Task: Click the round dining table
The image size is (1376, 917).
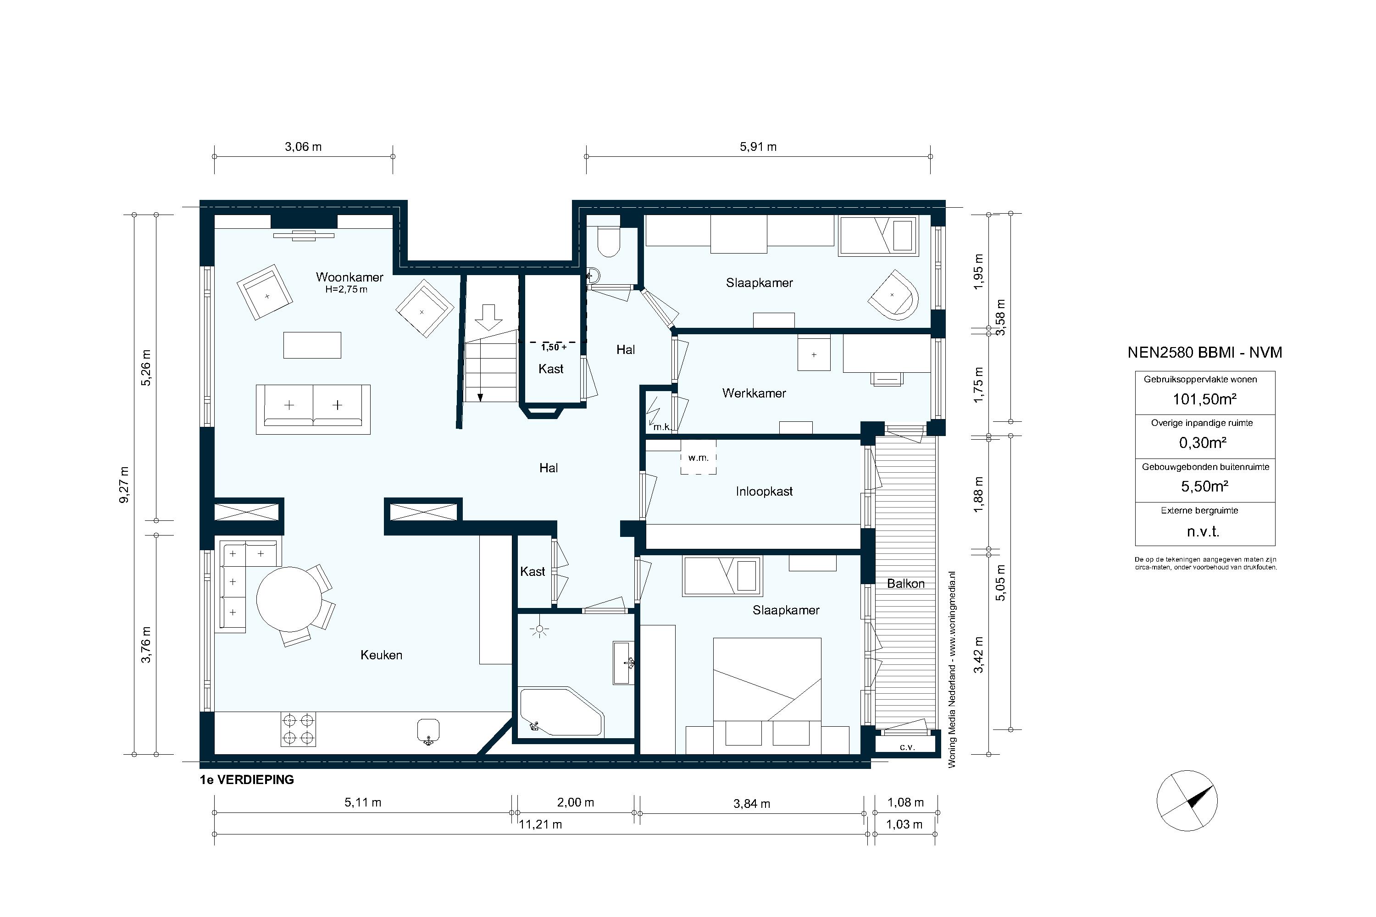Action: click(289, 599)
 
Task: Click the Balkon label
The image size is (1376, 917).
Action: click(905, 584)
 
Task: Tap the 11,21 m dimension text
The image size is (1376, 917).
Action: click(541, 824)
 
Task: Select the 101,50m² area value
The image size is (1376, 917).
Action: click(1204, 399)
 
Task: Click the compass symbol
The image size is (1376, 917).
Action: click(1187, 800)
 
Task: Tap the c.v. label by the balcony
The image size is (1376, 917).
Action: click(907, 747)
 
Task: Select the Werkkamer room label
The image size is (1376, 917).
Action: click(754, 393)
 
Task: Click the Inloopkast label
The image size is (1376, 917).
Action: click(764, 491)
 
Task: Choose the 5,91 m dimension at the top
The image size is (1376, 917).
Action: click(758, 147)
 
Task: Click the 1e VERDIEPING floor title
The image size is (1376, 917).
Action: click(247, 779)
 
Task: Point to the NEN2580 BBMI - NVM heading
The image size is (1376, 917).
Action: click(1204, 353)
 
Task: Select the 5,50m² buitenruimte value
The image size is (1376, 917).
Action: click(1204, 486)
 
